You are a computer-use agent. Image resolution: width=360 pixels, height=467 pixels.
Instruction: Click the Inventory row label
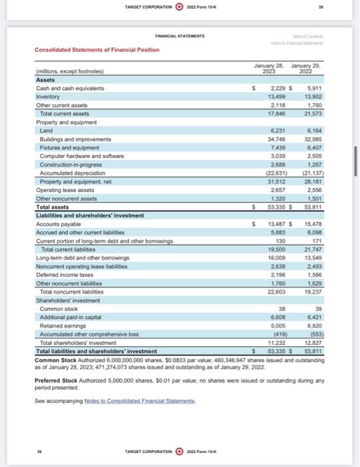click(48, 96)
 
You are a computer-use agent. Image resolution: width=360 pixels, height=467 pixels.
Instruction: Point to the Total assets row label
click(53, 207)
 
